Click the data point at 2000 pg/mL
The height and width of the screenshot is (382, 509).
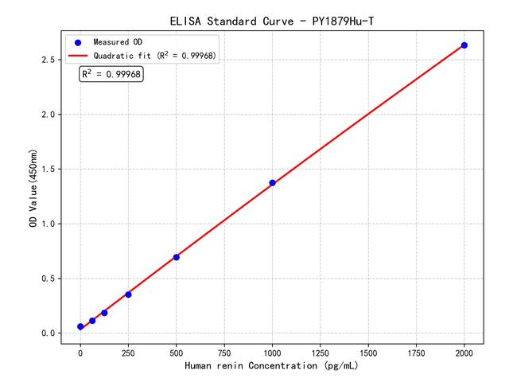[x=464, y=45]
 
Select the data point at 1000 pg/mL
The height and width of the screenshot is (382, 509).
[x=272, y=183]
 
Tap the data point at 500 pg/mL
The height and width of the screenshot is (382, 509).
[x=176, y=257]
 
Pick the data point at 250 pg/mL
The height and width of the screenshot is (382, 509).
[x=128, y=294]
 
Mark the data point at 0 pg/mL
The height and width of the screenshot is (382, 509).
[x=80, y=327]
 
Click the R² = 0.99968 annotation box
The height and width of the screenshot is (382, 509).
[x=111, y=74]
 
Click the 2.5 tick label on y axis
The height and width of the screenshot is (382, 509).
[x=49, y=60]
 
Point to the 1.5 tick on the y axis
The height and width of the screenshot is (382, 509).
[x=49, y=170]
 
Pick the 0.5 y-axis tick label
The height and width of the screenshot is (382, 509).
[x=49, y=279]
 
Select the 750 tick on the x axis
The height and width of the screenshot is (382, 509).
[x=224, y=351]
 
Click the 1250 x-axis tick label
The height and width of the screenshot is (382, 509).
[x=320, y=351]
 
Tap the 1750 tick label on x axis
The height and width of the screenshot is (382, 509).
[x=416, y=351]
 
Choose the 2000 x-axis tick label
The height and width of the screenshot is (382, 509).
[x=464, y=351]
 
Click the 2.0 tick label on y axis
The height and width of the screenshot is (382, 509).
[x=49, y=115]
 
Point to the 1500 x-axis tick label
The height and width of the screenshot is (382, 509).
[x=368, y=351]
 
